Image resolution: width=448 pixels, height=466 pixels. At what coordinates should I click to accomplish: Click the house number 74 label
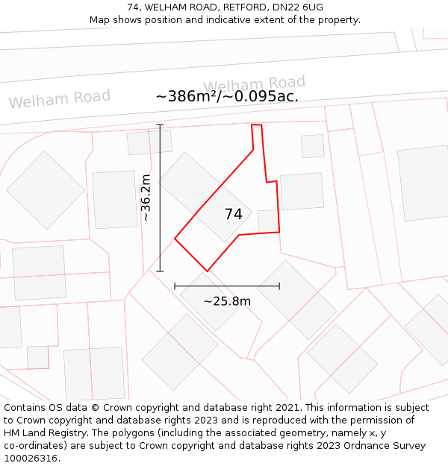[234, 214]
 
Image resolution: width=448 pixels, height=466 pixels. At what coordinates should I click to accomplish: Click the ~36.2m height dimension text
[146, 197]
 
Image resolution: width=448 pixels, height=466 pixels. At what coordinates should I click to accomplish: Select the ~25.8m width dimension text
[227, 301]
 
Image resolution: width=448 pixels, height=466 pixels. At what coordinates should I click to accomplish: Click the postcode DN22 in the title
[287, 7]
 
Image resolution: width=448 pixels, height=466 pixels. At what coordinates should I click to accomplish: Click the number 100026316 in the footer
[31, 459]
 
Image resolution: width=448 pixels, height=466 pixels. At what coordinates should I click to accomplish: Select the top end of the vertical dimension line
[160, 125]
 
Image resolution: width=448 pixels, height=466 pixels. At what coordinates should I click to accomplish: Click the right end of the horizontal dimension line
[279, 286]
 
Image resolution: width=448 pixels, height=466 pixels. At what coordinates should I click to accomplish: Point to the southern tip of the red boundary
[207, 271]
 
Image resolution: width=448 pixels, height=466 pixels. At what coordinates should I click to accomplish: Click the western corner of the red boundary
[175, 239]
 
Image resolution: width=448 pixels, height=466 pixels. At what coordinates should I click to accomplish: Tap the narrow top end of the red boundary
[256, 125]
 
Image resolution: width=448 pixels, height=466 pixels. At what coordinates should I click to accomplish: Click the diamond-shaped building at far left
[46, 190]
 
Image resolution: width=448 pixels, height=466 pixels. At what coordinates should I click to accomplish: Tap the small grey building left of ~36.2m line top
[149, 142]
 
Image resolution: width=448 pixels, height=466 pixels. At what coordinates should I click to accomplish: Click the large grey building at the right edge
[424, 183]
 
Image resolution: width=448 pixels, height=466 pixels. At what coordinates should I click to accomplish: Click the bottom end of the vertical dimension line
[160, 271]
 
